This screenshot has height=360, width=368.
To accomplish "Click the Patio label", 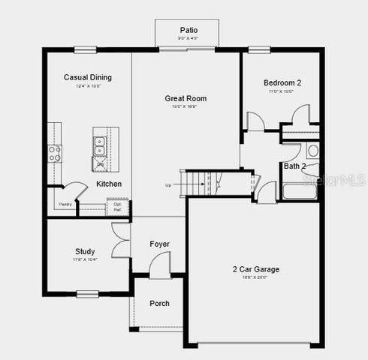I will [x=189, y=30].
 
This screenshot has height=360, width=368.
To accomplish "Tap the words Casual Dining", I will [x=87, y=77].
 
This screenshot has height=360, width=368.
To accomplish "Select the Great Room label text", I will [x=186, y=98].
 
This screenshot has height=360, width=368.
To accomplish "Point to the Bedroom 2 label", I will [x=282, y=82].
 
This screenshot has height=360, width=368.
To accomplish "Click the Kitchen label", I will [x=109, y=184].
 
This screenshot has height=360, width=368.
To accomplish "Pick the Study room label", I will [x=84, y=251].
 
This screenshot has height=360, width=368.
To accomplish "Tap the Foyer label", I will [x=159, y=244].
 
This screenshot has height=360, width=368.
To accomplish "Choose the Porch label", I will [x=159, y=304].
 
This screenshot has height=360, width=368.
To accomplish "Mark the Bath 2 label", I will [x=294, y=166].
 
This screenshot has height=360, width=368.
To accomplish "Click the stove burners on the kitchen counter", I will [x=54, y=154].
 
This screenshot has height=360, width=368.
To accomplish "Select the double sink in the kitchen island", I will [x=100, y=141].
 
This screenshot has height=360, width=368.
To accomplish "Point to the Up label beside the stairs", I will [x=168, y=185].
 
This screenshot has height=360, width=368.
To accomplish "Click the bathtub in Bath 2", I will [x=300, y=190].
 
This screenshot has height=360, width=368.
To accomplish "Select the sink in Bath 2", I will [x=312, y=151].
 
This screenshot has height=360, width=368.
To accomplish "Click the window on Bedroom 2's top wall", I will [x=260, y=50].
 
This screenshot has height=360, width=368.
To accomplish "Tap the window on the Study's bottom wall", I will [x=88, y=293].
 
